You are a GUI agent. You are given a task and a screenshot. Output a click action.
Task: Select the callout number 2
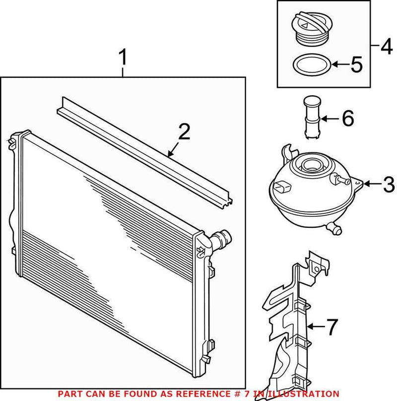coord(184,132)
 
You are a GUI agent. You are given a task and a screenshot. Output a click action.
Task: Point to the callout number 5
coord(357,64)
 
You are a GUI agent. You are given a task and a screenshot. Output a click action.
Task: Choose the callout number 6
coord(347,118)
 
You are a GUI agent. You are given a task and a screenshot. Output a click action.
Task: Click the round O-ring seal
coord(310,65)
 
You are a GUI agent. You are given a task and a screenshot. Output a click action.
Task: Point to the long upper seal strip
coord(144,149)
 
